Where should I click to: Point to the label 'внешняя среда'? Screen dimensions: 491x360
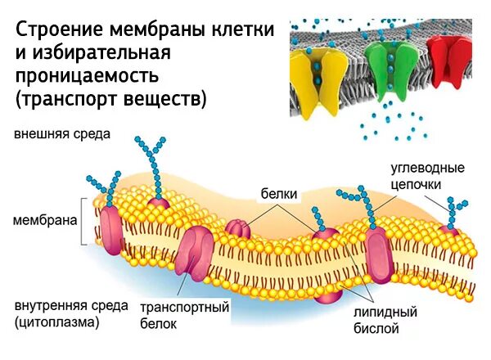tap(61, 133)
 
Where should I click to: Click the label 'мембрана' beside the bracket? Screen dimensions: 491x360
tap(45, 220)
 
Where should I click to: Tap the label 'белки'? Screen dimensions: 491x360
tap(278, 194)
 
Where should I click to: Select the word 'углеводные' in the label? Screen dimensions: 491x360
tap(427, 169)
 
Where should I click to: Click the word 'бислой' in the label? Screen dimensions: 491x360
tap(377, 329)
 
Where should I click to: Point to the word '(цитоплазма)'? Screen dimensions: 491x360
tap(57, 322)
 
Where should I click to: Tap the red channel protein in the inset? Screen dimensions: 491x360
tap(449, 65)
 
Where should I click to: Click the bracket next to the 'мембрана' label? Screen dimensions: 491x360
tap(84, 220)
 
